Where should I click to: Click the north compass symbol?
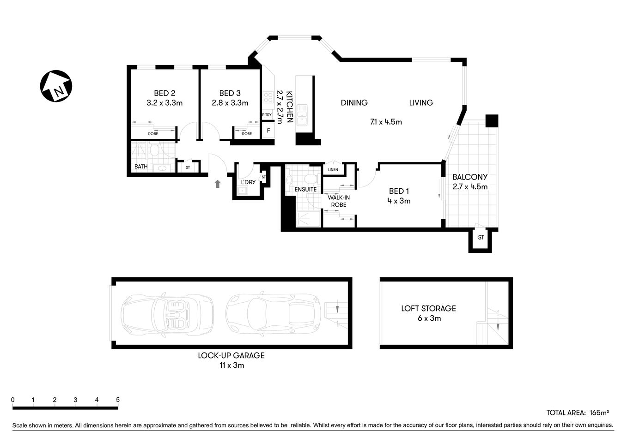click(x=56, y=87)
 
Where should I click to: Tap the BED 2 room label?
click(x=164, y=93)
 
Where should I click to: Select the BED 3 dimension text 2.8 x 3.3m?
click(x=230, y=103)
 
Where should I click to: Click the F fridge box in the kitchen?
click(x=268, y=131)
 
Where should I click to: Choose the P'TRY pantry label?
click(x=267, y=114)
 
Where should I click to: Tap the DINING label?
click(x=354, y=102)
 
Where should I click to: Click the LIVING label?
click(x=421, y=102)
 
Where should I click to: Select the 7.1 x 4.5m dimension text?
click(x=386, y=122)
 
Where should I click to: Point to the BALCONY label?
click(x=470, y=177)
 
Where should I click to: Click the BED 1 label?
click(x=399, y=191)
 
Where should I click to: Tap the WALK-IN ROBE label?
click(x=339, y=201)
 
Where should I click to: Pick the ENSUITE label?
click(x=305, y=189)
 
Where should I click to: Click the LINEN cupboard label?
click(x=333, y=170)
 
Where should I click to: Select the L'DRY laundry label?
click(x=248, y=182)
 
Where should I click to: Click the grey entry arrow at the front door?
click(x=217, y=184)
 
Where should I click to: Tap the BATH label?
click(x=141, y=167)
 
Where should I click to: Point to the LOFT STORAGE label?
click(x=428, y=308)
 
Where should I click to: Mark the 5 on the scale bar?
click(x=118, y=400)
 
